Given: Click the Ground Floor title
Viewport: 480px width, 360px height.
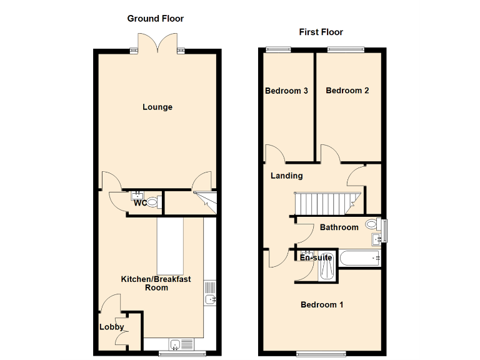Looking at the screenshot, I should point(156,19).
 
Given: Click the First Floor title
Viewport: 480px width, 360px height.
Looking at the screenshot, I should point(321,32).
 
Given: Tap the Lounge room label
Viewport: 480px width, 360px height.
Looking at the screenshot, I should point(157,107).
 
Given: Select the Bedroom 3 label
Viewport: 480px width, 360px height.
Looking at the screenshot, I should point(286,91).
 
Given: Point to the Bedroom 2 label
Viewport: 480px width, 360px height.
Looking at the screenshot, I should point(347,91).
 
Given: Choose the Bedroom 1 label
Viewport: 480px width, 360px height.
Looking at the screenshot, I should point(322,305).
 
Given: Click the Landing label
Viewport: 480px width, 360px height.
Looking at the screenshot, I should point(286,176).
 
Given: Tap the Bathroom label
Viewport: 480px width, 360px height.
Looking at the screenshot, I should point(339,227).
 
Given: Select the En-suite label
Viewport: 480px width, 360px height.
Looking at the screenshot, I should point(316,257).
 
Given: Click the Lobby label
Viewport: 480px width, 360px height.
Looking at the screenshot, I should point(112,327).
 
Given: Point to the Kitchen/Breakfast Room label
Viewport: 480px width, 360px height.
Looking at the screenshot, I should point(156,283).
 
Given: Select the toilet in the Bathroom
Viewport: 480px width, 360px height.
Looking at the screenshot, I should point(372,224).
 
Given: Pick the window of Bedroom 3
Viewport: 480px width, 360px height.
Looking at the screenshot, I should point(279,49).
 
